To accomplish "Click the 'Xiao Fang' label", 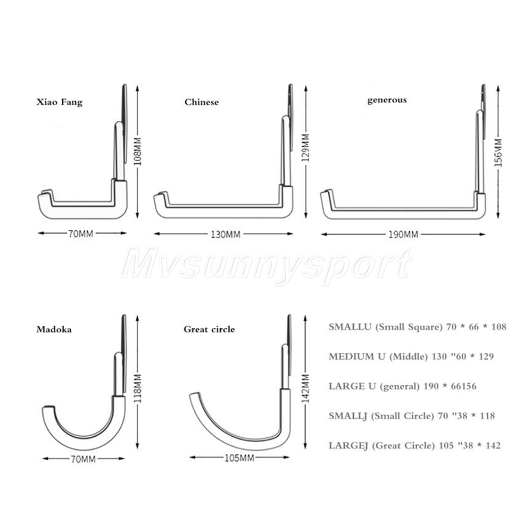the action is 60,102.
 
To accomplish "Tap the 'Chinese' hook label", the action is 202,102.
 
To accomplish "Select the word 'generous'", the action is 387,100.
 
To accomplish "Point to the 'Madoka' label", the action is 54,329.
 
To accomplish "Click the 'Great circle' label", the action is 209,329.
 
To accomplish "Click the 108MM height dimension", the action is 137,151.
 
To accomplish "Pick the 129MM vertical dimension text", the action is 306,147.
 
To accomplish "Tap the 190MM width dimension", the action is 403,235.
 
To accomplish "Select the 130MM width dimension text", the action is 226,235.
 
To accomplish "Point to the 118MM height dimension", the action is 137,389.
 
